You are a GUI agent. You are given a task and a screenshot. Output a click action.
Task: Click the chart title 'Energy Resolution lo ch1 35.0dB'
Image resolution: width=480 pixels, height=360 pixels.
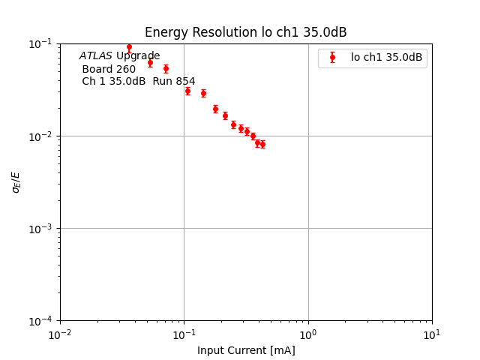coord(245,32)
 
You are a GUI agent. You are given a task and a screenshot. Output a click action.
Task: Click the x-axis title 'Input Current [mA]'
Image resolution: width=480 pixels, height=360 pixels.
coord(246,350)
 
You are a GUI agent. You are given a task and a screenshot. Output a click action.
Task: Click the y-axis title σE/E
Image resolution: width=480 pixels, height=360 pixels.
coord(16,181)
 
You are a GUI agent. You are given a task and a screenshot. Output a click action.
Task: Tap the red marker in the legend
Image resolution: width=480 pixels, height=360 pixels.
coord(332,57)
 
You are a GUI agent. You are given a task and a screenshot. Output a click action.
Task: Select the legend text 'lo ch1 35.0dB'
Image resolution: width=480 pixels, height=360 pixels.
coord(386,57)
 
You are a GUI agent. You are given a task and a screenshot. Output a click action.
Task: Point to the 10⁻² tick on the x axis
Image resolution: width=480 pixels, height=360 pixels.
coord(60,333)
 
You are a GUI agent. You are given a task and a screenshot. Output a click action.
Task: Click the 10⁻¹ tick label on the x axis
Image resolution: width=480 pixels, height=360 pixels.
coord(184,333)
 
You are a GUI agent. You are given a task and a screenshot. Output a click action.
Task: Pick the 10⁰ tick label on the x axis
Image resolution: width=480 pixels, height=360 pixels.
coord(308,333)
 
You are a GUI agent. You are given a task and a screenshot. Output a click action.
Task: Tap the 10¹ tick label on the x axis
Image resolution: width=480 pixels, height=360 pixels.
coord(432,333)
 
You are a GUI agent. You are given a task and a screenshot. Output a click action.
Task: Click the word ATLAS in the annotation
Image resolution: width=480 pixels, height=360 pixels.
coord(96,56)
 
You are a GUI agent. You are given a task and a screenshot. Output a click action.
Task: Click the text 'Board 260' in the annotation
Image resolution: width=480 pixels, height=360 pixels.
coord(109,69)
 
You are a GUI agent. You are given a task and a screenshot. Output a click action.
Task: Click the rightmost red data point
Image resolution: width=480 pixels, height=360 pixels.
coord(262,144)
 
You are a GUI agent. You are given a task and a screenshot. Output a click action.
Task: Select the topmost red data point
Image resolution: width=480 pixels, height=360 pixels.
coord(129,47)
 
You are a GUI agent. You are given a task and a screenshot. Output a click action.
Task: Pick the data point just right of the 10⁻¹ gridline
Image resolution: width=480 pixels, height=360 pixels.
coord(187,91)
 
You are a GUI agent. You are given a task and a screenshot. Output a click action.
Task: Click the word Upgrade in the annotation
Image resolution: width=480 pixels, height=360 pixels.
coord(138,56)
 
